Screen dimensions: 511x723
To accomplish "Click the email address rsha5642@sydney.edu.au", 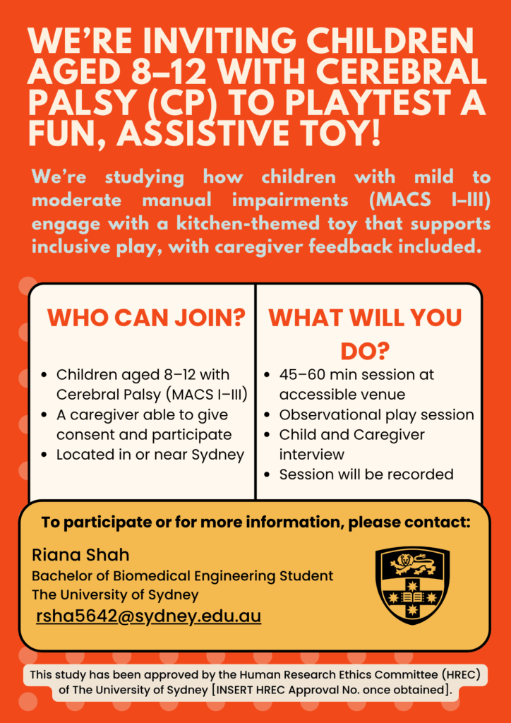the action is click(x=148, y=616).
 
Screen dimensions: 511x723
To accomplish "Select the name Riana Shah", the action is click(x=80, y=555).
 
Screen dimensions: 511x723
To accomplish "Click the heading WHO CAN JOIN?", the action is click(x=146, y=318).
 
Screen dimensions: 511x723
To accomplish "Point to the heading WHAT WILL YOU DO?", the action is click(x=365, y=334).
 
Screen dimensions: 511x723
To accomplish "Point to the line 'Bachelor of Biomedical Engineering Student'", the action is click(x=182, y=576).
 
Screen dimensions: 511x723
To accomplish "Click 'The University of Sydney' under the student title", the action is click(x=115, y=594).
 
